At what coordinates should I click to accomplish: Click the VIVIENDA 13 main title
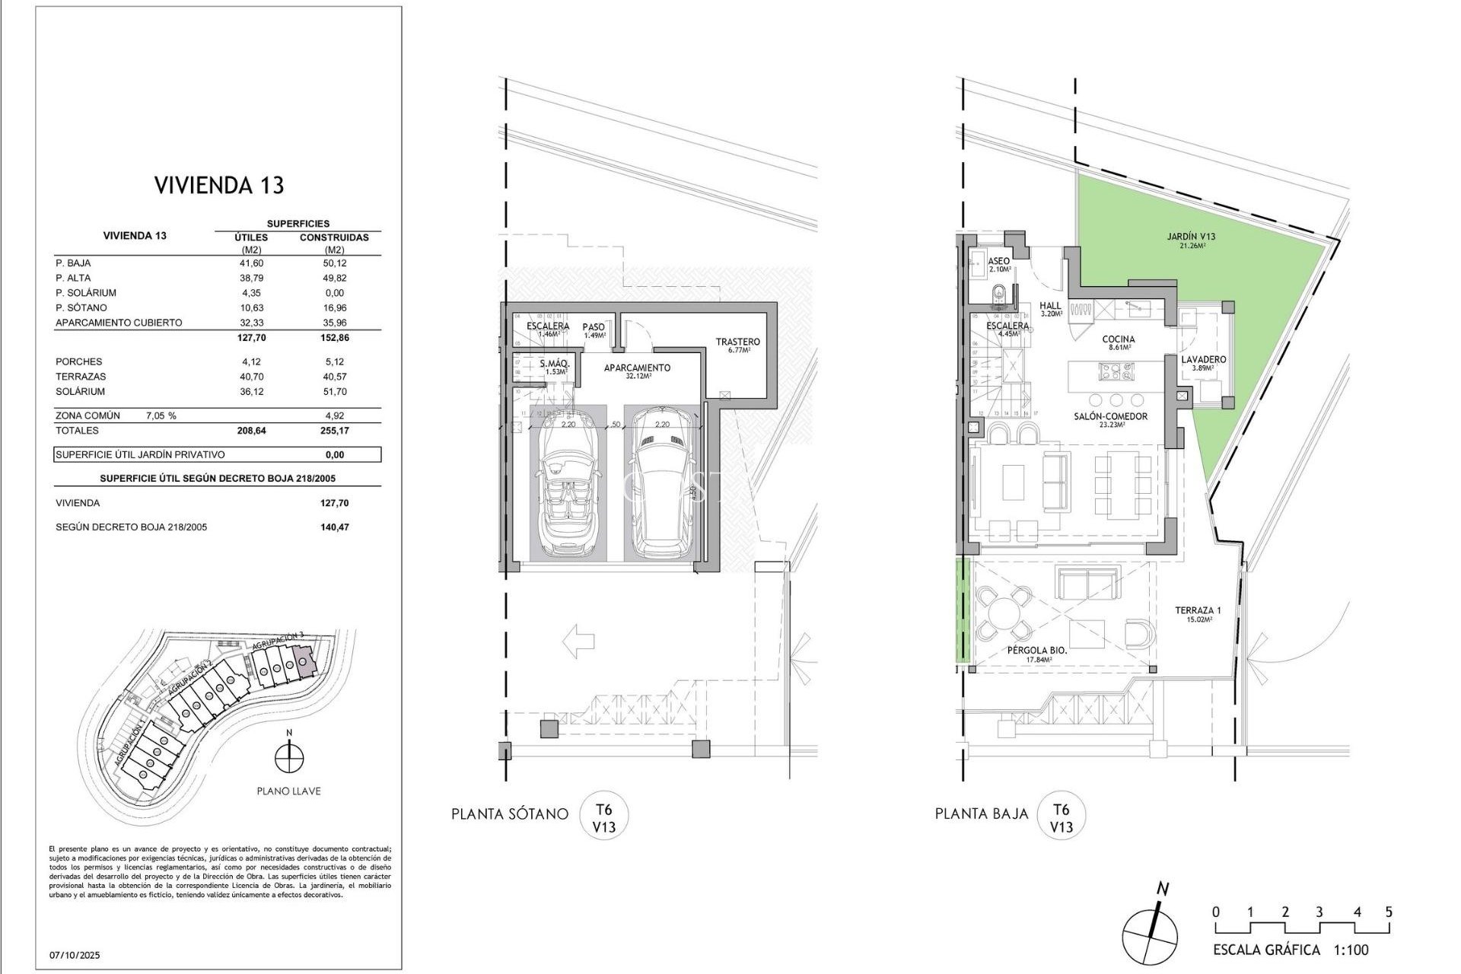tap(219, 185)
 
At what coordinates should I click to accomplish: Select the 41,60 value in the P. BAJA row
tap(251, 263)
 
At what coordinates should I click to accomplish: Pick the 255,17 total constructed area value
tap(334, 431)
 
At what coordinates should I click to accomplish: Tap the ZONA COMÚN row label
tap(88, 416)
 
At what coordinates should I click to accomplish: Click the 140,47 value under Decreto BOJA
tap(334, 527)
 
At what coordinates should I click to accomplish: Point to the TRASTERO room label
tap(737, 342)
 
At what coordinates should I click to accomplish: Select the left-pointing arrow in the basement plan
tap(578, 641)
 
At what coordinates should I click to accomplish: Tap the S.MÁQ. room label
tap(555, 364)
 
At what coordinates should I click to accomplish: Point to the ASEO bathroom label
tap(999, 261)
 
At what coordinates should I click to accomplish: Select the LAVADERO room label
tap(1203, 360)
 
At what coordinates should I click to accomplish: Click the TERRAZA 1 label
tap(1198, 610)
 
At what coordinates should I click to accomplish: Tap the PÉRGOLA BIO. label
tap(1036, 651)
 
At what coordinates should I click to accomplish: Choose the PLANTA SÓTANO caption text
tap(509, 814)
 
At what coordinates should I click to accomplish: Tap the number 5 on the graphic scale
tap(1389, 912)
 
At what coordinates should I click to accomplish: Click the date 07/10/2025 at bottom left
tap(75, 955)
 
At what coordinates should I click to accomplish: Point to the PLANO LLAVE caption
tap(288, 791)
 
